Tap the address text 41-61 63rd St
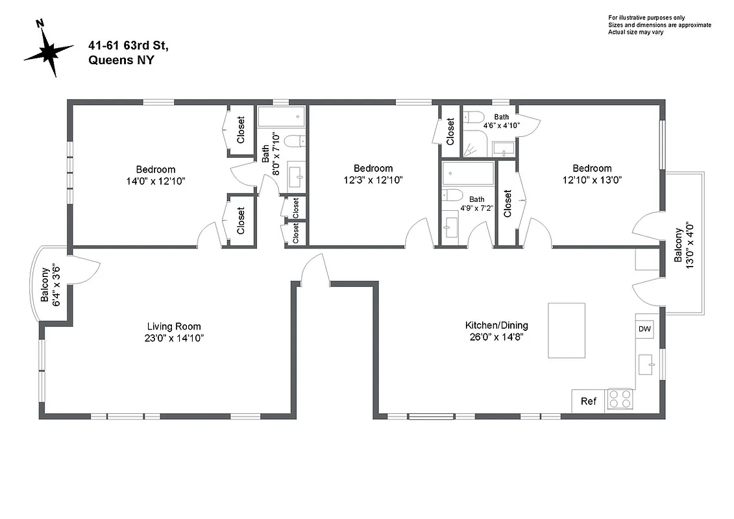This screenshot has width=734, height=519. tap(128, 45)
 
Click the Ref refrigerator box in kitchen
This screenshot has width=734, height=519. tap(588, 401)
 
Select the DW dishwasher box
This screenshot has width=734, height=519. tap(644, 329)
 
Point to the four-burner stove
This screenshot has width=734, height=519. tap(619, 399)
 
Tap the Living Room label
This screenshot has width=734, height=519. tap(174, 326)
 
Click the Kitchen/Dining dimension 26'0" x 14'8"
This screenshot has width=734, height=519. tap(496, 337)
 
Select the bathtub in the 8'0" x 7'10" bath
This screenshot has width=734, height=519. tap(280, 118)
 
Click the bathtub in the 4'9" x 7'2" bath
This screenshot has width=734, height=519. tap(468, 174)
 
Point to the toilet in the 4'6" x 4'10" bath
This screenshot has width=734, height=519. tap(473, 118)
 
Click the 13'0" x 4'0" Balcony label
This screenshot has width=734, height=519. tap(683, 244)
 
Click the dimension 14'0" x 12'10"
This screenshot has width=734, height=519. tap(156, 181)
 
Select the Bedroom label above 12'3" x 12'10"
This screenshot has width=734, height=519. tap(373, 169)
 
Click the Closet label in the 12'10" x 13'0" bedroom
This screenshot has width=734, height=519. tap(508, 203)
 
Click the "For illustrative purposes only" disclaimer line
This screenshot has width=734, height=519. tap(646, 17)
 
